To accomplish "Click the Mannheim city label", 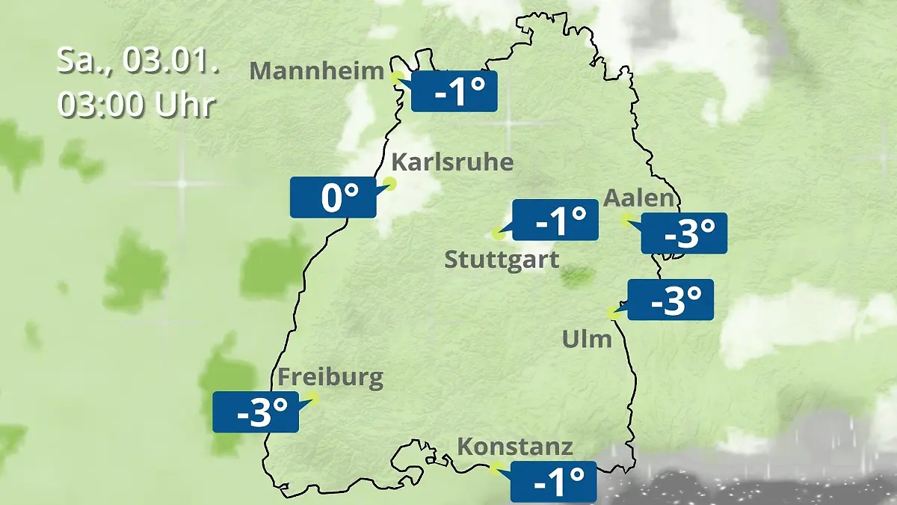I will click(317, 71).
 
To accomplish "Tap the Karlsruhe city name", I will click(452, 162).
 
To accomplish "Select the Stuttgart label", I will click(502, 260).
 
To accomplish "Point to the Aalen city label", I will click(638, 199).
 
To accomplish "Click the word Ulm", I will click(587, 340).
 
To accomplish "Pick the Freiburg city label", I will click(330, 377).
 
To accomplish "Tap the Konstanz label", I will click(514, 447).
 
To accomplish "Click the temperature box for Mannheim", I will click(454, 91).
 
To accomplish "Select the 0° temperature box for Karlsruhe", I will click(333, 198).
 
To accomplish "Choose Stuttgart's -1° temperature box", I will click(555, 220).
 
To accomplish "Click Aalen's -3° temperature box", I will click(684, 233).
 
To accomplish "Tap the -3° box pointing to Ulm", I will click(671, 300).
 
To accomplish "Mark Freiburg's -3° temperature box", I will click(256, 411).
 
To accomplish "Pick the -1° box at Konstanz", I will click(553, 481).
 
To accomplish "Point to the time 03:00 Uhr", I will click(137, 105).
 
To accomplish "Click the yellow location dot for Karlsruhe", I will click(389, 183).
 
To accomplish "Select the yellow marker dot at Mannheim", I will click(397, 75).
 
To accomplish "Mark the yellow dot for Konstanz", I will click(494, 468).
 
